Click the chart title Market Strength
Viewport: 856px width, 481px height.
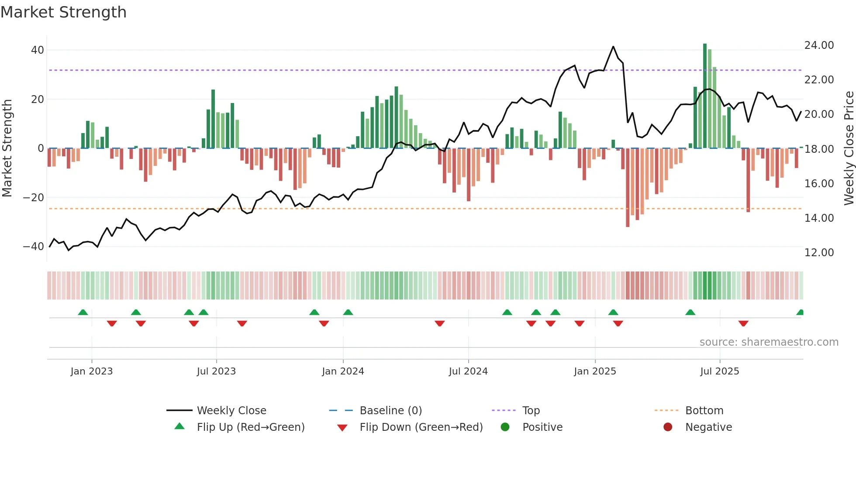coord(63,12)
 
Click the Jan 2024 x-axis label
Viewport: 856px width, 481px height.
coord(343,371)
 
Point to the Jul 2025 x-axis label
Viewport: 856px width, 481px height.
coord(719,371)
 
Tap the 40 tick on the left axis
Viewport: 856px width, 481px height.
coord(38,50)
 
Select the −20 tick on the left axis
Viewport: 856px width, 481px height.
coord(34,198)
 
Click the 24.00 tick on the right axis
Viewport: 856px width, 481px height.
coord(819,45)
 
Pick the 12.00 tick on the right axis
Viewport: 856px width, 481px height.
coord(819,253)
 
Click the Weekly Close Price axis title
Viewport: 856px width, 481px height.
coord(849,148)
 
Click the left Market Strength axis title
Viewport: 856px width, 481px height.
coord(7,148)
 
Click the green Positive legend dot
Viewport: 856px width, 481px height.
coord(505,427)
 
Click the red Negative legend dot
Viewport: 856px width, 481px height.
coord(668,427)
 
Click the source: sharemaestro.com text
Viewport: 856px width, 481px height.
coord(769,342)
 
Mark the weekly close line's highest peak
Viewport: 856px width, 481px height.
coord(613,47)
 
